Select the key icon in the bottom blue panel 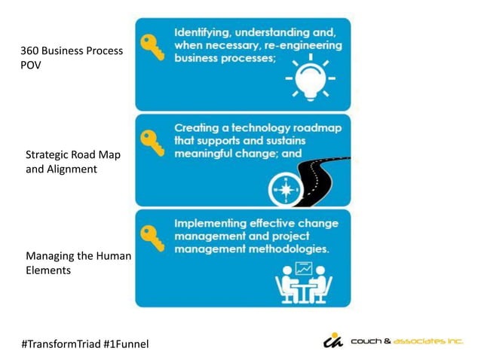pos(154,234)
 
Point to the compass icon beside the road pos(286,188)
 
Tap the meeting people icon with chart pos(305,281)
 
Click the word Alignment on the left pos(72,169)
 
